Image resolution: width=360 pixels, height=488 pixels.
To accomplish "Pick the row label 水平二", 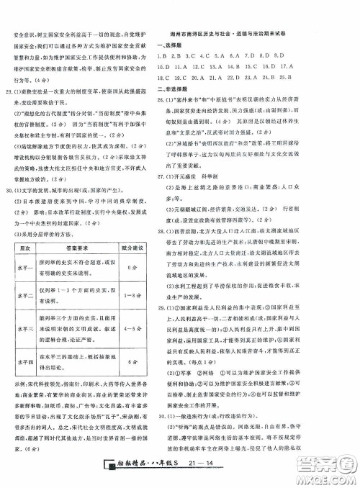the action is coord(24,293).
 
